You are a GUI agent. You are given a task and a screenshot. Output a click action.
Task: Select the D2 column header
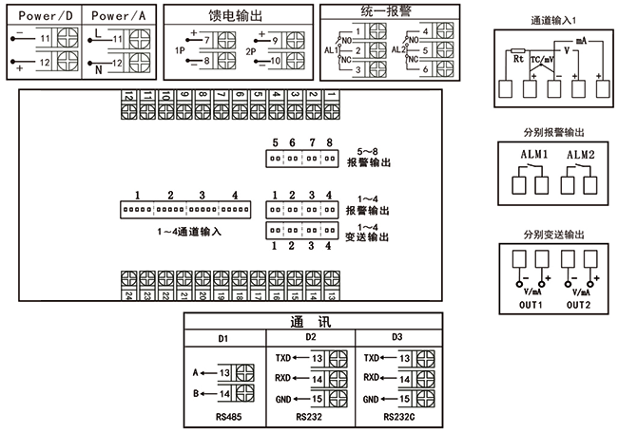coord(311,337)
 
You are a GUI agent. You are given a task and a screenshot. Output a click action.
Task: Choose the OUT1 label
coord(530,306)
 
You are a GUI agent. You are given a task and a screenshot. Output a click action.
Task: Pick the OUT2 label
coord(580,306)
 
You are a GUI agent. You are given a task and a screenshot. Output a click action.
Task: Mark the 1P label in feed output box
coord(180,48)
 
